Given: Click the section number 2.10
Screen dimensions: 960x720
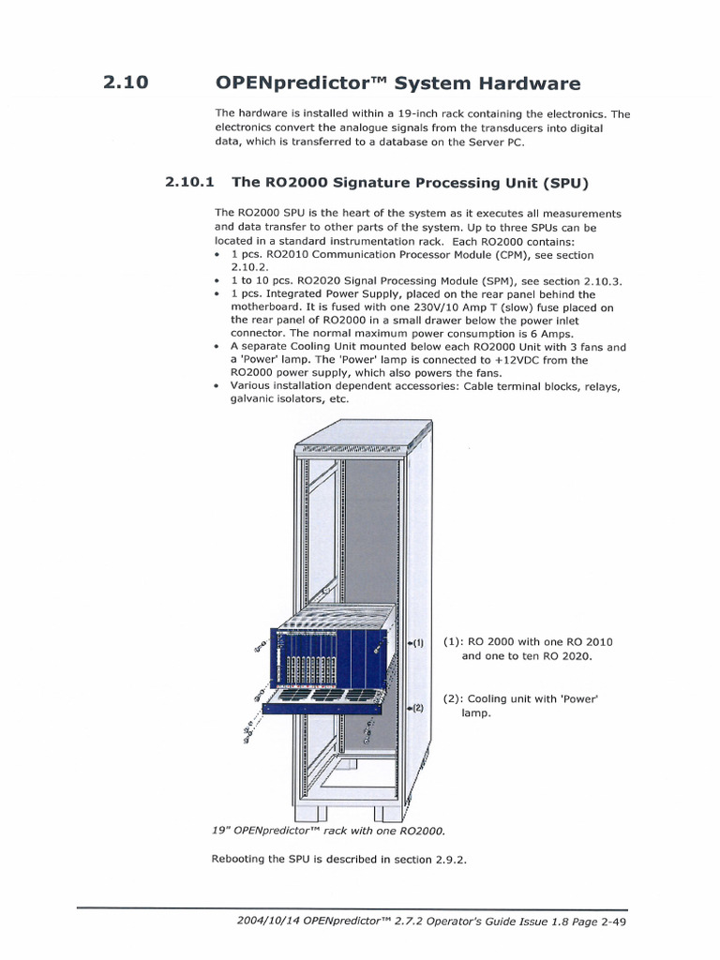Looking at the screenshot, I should coord(127,82).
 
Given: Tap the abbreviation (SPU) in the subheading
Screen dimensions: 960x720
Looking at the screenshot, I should coord(560,181).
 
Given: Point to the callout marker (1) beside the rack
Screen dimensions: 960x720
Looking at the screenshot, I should coord(417,643).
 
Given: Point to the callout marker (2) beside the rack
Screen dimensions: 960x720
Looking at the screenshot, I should coord(417,708).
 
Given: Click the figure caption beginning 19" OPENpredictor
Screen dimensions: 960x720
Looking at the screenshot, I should coord(328,831).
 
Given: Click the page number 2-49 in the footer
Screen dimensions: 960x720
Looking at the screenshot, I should coord(613,922).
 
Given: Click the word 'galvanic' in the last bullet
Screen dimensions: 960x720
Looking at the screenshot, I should coord(255,399).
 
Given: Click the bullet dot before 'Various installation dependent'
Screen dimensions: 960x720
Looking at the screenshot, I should coord(218,386).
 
